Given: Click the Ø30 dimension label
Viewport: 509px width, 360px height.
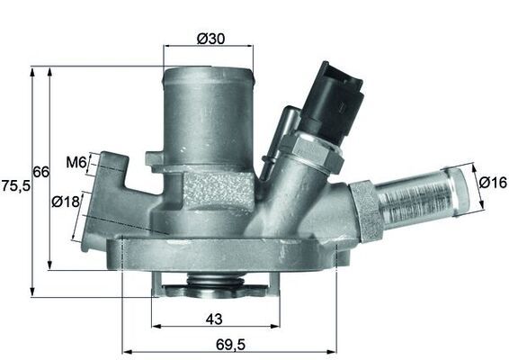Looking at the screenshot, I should pyautogui.click(x=210, y=38).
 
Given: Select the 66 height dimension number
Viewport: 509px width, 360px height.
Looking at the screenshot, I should pyautogui.click(x=40, y=171).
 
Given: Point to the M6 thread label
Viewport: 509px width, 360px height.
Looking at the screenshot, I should pyautogui.click(x=76, y=163).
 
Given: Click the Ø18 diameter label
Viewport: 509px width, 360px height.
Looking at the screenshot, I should pyautogui.click(x=66, y=202).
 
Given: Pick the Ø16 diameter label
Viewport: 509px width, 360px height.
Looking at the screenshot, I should pyautogui.click(x=493, y=183).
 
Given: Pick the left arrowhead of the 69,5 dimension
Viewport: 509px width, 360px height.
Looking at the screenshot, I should pyautogui.click(x=124, y=351).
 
